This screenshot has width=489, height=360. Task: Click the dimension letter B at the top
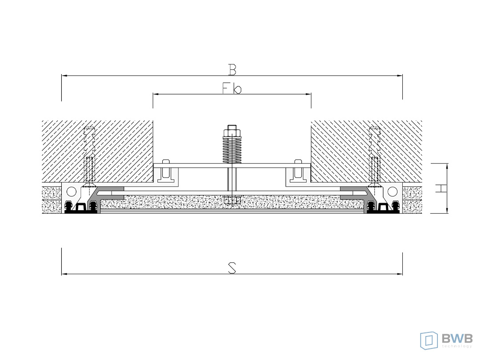click(232, 69)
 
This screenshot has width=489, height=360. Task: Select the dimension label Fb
click(232, 88)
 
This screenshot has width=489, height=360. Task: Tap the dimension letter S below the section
click(232, 268)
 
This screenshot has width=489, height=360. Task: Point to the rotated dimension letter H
click(441, 188)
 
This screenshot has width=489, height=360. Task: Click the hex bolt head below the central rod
click(232, 200)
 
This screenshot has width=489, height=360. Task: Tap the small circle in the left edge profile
click(71, 191)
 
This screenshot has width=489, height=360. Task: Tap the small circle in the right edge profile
click(393, 191)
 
